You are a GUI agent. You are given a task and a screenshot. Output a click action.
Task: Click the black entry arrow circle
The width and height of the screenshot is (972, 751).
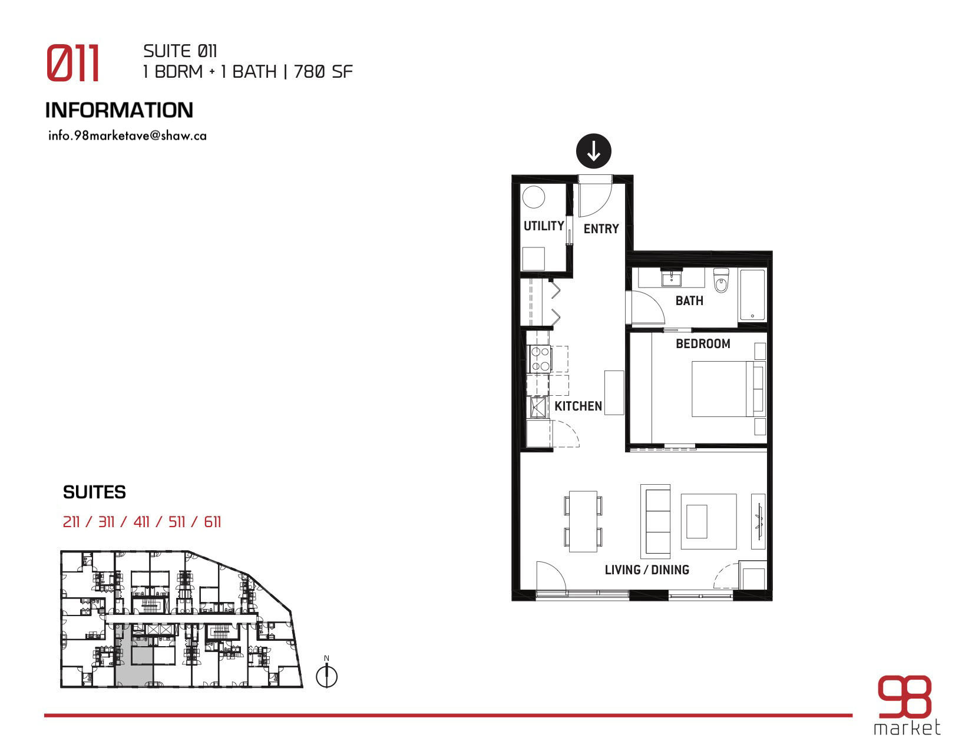coord(593,151)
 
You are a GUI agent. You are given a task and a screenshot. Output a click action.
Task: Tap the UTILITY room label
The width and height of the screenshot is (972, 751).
coord(544,226)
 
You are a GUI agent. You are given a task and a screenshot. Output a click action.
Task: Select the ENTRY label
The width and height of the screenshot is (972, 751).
coord(601,229)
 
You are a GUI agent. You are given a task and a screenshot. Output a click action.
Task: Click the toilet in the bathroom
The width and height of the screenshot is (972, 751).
coord(720,280)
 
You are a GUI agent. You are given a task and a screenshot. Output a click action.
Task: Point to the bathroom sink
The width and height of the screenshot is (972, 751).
coord(671,278)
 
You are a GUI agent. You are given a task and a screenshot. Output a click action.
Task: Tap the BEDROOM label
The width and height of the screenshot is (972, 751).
coord(703,344)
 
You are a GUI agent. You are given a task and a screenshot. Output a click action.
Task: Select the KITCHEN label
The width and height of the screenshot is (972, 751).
coord(578,406)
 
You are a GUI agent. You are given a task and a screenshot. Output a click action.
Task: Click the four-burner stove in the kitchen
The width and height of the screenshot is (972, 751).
coord(540,359)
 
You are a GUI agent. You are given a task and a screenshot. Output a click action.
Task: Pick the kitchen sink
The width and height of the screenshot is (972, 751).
coord(538,407)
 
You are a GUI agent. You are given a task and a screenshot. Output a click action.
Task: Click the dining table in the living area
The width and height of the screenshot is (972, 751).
coord(583,521)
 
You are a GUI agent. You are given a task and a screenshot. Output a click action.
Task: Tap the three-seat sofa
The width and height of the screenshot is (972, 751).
coord(656,521)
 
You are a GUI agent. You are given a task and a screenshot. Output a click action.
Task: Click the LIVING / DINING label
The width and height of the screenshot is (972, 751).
coord(646,570)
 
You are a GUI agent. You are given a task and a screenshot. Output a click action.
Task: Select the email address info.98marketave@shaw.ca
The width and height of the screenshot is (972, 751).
coord(127,136)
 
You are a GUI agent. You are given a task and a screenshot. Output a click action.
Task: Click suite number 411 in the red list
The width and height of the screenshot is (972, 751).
coord(141,521)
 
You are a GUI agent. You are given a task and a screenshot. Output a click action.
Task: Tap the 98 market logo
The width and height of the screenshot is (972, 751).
coord(907,705)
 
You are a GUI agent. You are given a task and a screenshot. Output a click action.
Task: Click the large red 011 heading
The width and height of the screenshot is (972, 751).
coord(72,62)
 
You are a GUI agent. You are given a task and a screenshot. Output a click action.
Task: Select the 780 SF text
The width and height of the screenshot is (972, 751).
coord(323,72)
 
